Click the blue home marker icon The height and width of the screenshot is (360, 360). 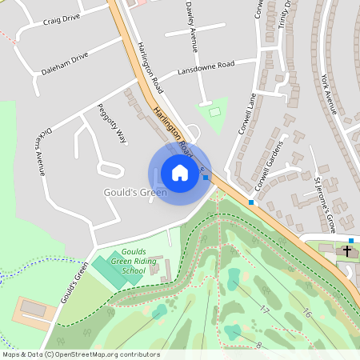point(180,172)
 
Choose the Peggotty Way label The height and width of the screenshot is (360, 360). point(112,124)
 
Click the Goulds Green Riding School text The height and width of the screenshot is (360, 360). point(128,260)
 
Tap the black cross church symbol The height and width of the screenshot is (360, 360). point(347,251)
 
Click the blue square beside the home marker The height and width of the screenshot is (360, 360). point(206,178)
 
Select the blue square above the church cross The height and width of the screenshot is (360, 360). point(350,240)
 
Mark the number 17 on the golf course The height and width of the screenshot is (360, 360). point(263,309)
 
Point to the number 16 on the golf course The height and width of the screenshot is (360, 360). point(306,313)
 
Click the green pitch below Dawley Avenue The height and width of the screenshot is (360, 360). point(213,114)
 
